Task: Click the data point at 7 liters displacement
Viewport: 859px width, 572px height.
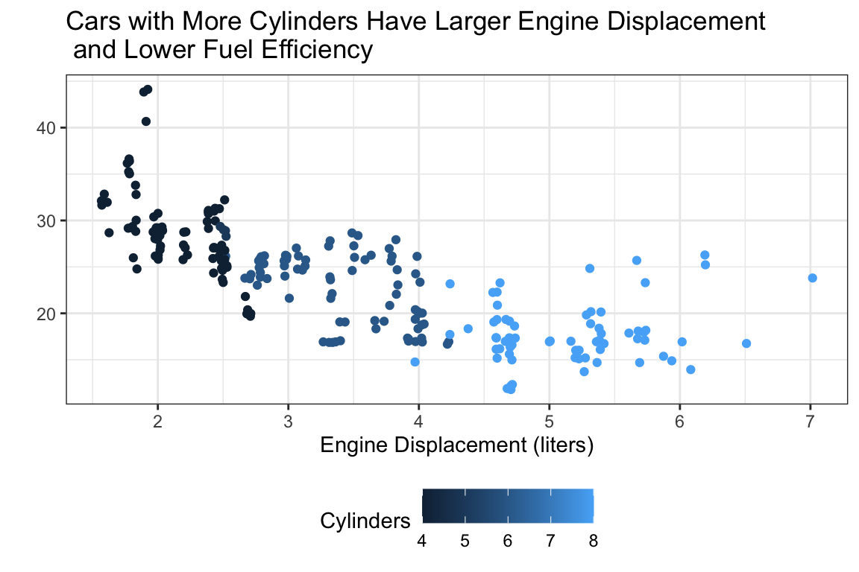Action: [x=812, y=278]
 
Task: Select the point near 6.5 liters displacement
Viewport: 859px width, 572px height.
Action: [x=746, y=343]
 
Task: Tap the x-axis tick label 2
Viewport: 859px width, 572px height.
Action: [x=157, y=422]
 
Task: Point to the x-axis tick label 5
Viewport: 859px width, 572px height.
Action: [x=550, y=422]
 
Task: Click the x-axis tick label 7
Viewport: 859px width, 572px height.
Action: [x=811, y=422]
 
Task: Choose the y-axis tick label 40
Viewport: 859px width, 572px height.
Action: [x=46, y=128]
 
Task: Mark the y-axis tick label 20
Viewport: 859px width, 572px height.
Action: [x=46, y=314]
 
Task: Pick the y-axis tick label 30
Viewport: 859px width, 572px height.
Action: [x=46, y=221]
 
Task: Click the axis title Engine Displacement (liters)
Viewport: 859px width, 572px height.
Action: [x=456, y=446]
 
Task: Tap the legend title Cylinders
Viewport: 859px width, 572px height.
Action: [x=365, y=521]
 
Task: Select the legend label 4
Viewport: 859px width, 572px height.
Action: [x=422, y=541]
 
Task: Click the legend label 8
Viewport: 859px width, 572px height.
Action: [x=593, y=541]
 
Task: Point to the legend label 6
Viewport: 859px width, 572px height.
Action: [x=508, y=541]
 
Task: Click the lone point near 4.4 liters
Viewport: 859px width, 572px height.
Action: [x=468, y=328]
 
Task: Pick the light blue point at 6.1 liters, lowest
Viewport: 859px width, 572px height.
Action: [x=690, y=369]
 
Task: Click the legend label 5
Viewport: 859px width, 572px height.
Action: [x=465, y=541]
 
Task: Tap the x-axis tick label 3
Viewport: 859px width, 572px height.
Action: [x=288, y=422]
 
